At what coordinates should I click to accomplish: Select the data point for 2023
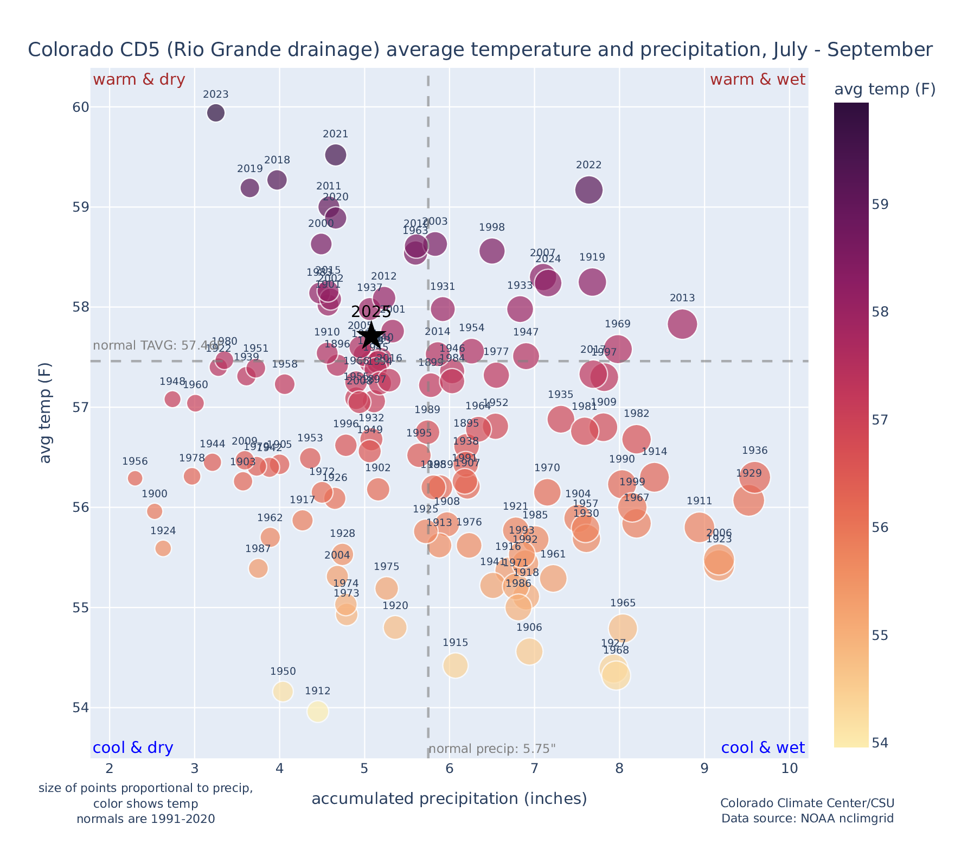point(216,113)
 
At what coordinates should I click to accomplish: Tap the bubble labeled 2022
point(588,190)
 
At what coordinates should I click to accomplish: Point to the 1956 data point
point(135,478)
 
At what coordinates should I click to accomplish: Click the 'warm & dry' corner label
point(139,80)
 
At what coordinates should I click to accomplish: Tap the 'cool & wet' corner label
point(763,748)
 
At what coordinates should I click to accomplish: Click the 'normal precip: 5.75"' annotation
point(492,750)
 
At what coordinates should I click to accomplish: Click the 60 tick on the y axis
point(81,107)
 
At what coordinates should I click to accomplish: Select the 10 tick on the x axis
point(790,769)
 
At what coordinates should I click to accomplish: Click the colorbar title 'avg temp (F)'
point(885,90)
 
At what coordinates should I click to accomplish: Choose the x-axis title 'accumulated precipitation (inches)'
point(449,799)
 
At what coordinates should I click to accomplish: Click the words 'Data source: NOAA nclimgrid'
point(807,818)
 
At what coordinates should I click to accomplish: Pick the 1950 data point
point(283,691)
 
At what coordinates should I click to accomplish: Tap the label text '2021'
point(335,135)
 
